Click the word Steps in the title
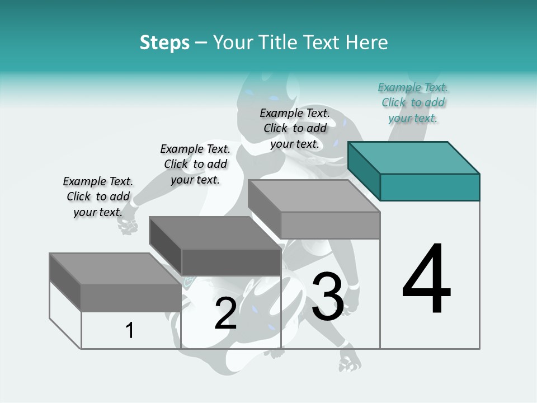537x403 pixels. click(164, 43)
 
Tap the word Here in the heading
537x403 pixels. click(366, 43)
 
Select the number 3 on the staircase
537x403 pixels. click(327, 297)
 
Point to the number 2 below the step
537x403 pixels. click(225, 313)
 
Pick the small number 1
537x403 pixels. click(130, 330)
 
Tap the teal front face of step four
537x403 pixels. click(430, 187)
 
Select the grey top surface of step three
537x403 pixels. click(313, 195)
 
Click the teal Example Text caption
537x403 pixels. click(413, 103)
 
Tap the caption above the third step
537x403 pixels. click(295, 128)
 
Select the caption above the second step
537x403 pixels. click(195, 164)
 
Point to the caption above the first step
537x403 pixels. click(98, 196)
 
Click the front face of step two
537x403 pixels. click(231, 262)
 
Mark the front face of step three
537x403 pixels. click(330, 225)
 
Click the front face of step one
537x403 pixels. click(131, 298)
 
